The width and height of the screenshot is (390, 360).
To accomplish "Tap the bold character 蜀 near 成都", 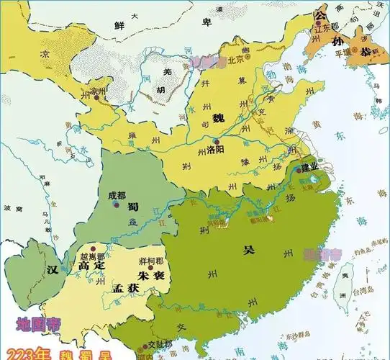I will (134, 206).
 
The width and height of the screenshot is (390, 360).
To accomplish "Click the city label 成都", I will (117, 195).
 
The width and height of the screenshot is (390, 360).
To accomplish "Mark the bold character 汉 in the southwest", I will (51, 269).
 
